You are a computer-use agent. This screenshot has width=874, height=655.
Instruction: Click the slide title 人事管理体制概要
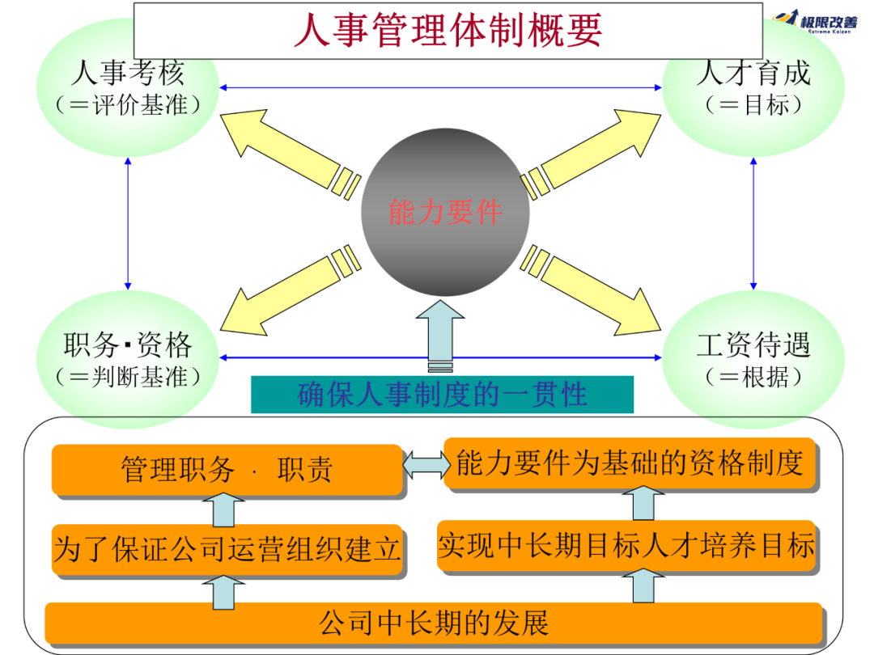(x=448, y=31)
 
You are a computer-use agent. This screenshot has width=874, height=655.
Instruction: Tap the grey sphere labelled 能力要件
(x=445, y=212)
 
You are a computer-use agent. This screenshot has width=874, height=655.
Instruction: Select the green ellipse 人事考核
(x=127, y=86)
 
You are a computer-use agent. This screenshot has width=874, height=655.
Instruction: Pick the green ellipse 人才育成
(x=753, y=86)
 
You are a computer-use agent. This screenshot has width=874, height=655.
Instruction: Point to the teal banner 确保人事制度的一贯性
(x=442, y=395)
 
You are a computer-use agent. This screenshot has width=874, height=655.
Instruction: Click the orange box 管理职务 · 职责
(x=227, y=470)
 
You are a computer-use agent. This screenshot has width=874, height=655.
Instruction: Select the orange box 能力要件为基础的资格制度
(x=630, y=463)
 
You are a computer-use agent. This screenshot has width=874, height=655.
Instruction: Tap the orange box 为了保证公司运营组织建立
(x=227, y=550)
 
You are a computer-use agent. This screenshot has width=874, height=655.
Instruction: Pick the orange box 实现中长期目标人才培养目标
(x=626, y=546)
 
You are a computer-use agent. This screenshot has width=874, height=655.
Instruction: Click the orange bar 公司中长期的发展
(x=434, y=623)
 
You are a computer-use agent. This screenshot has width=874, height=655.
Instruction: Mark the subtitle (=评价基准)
(x=127, y=106)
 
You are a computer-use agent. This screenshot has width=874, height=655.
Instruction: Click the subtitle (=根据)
(x=753, y=377)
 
